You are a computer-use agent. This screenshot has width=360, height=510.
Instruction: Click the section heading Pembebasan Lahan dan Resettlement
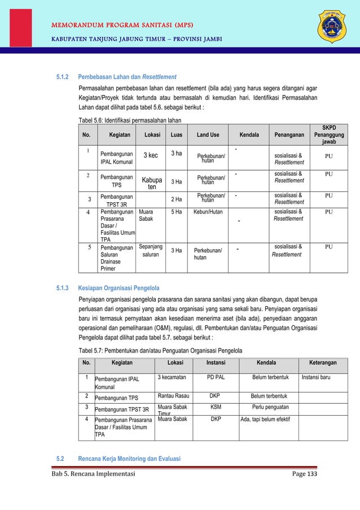click(x=127, y=76)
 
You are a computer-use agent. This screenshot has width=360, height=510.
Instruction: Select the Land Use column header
click(x=209, y=135)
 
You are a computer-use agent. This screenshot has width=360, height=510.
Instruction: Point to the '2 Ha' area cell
click(x=176, y=199)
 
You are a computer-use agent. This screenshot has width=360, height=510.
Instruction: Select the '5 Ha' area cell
click(x=176, y=212)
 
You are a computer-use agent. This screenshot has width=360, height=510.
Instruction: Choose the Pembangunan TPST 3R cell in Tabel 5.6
click(x=116, y=199)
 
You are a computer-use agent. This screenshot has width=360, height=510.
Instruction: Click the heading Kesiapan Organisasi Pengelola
click(x=118, y=288)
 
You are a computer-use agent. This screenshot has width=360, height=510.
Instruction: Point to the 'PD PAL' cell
click(x=216, y=377)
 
